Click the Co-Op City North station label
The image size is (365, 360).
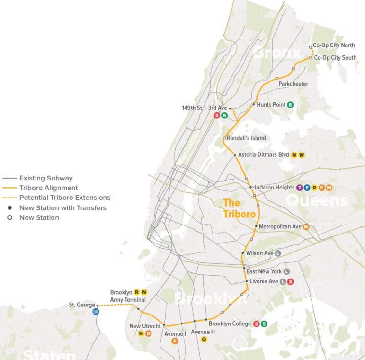[334, 45]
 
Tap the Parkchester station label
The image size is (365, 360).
[293, 84]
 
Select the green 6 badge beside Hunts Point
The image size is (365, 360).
[290, 105]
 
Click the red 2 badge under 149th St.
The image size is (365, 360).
[217, 115]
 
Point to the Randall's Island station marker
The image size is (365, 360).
[224, 138]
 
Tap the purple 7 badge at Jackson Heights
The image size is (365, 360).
[300, 188]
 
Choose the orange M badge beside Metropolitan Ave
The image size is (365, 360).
[306, 226]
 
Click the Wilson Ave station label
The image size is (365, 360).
[259, 253]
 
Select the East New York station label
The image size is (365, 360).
[264, 271]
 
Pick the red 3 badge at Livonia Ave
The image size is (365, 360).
[291, 281]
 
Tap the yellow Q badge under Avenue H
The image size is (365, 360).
[204, 339]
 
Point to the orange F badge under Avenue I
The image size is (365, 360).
[175, 341]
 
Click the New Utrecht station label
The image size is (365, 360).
[145, 326]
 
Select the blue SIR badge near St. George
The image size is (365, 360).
[96, 311]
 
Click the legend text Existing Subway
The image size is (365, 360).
[46, 178]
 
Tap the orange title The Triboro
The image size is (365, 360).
[239, 208]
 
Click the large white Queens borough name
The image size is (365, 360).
[317, 201]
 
